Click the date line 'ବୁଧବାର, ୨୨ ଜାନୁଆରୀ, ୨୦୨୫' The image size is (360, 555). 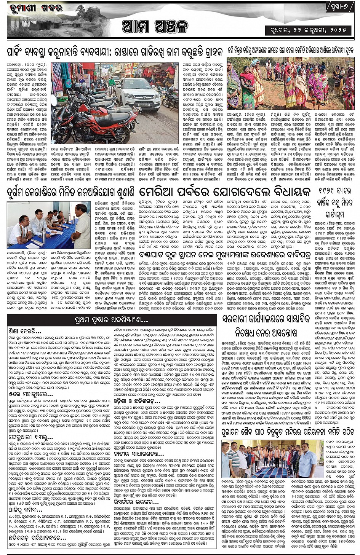tap(309, 30)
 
